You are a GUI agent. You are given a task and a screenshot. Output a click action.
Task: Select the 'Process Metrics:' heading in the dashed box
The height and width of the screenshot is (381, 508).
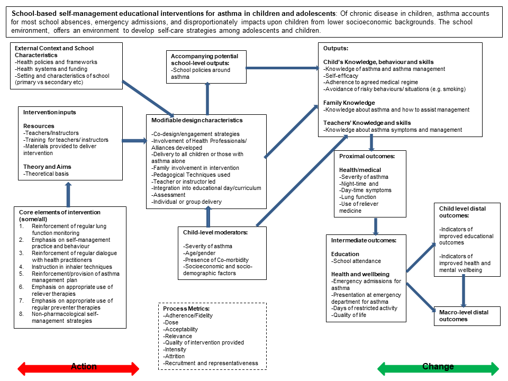pyautogui.click(x=186, y=309)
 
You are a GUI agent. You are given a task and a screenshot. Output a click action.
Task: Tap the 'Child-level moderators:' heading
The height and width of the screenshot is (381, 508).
pyautogui.click(x=215, y=232)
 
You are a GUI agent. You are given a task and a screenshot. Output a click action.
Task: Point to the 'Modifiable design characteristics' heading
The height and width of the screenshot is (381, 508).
pyautogui.click(x=197, y=120)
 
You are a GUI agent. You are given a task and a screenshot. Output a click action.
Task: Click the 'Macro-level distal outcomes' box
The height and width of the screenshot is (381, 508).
pyautogui.click(x=464, y=315)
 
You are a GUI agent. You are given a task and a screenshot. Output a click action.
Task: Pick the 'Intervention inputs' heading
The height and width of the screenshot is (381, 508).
pyautogui.click(x=49, y=112)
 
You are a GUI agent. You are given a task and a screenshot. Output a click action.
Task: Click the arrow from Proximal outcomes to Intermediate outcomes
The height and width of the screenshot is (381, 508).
pyautogui.click(x=376, y=225)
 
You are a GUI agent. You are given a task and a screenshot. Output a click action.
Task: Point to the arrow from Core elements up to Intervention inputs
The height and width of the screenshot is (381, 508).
pyautogui.click(x=68, y=194)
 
